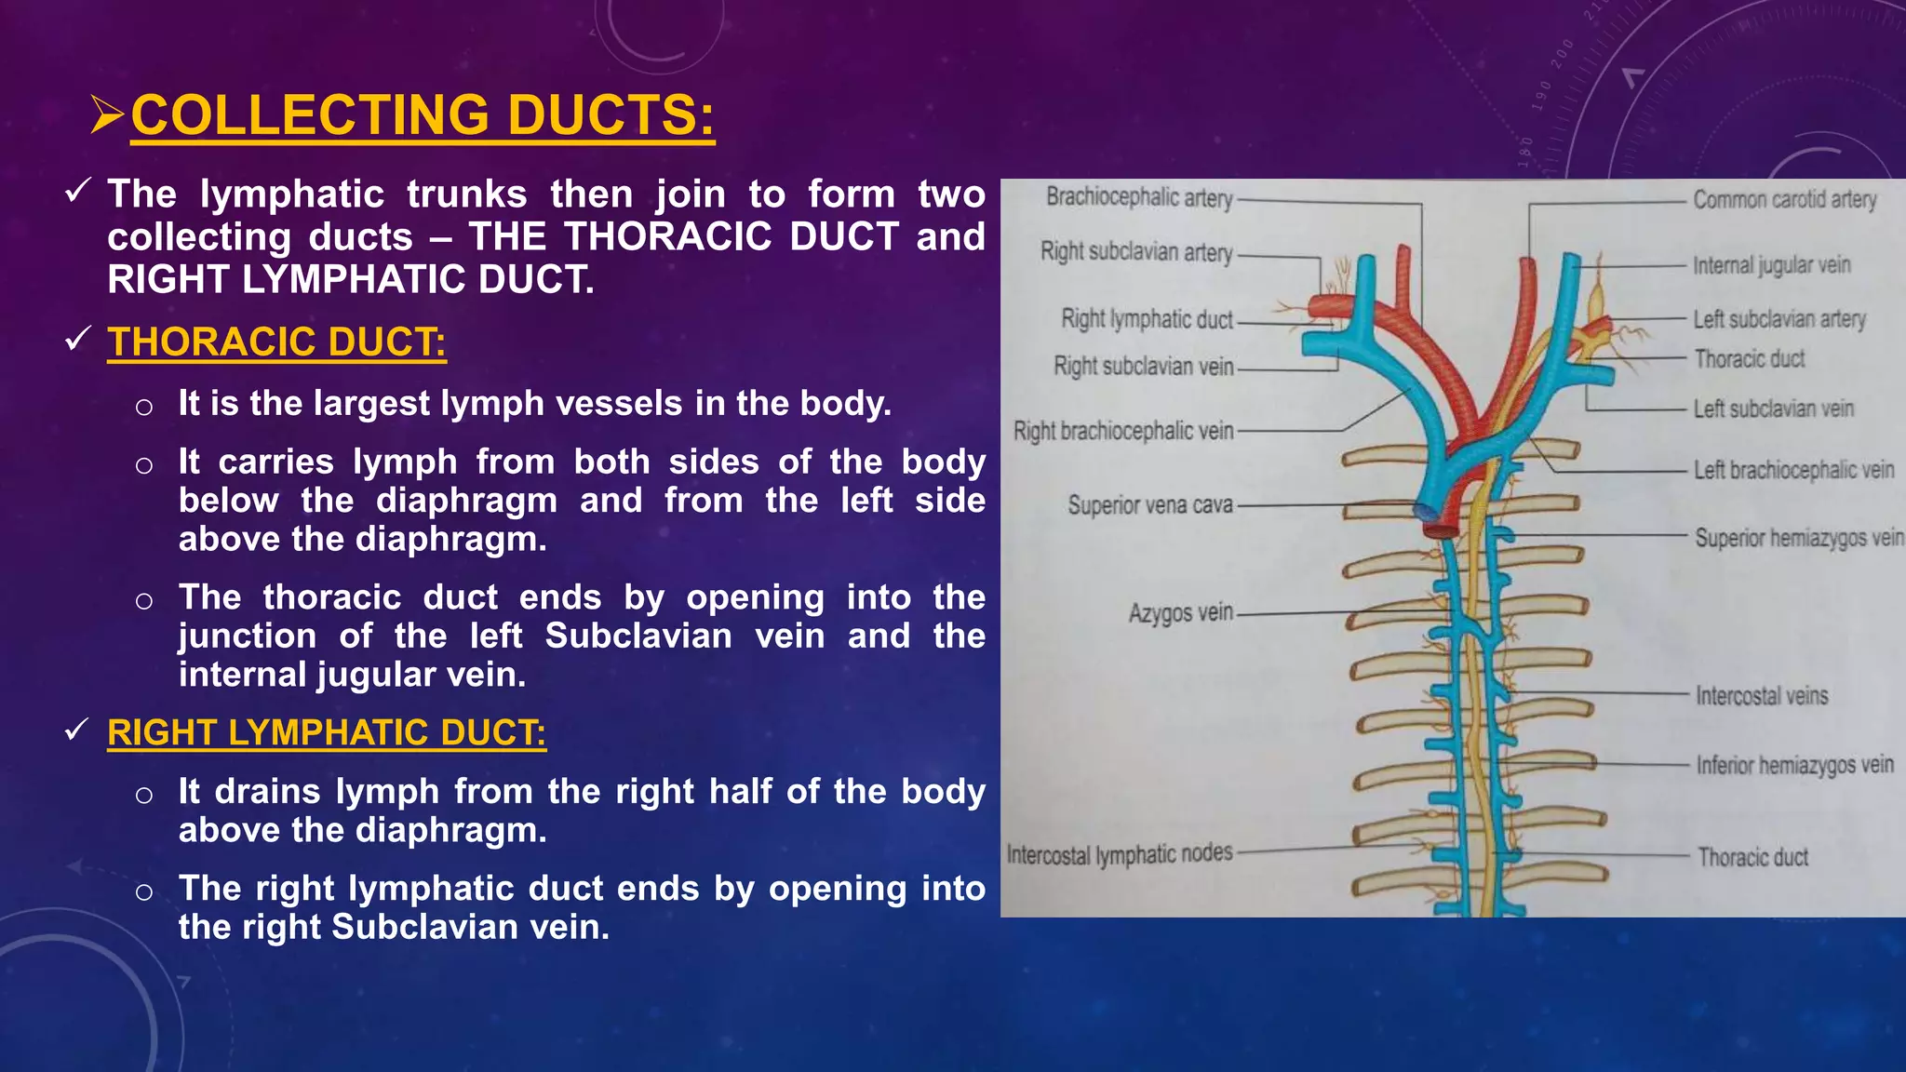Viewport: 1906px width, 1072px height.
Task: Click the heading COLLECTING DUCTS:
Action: click(423, 115)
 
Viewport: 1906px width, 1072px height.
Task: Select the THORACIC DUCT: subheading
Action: click(276, 342)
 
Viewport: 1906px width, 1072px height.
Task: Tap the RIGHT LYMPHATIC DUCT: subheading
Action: click(327, 733)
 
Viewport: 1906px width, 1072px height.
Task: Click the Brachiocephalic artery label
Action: click(1139, 197)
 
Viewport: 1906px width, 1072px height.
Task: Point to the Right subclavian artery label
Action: click(1136, 252)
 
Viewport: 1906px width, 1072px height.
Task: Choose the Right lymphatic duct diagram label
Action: click(1147, 319)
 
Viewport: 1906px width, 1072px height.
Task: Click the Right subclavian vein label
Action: click(1144, 367)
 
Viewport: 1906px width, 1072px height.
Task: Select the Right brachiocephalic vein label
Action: click(1123, 432)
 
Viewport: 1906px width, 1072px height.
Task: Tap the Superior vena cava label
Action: click(1150, 505)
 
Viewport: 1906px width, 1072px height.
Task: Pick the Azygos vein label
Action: click(1181, 613)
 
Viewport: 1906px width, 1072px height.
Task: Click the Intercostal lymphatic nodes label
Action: click(1120, 854)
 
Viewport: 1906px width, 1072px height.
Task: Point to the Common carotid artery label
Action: click(1784, 200)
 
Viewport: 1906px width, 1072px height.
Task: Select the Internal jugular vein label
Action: click(1771, 265)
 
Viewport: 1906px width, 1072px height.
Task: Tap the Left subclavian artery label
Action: click(1779, 319)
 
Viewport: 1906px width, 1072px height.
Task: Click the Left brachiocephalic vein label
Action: click(1793, 470)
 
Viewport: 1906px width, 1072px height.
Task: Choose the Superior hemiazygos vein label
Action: click(1798, 538)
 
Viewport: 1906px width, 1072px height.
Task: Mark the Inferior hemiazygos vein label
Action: click(1794, 765)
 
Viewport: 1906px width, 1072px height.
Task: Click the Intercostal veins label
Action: click(1762, 696)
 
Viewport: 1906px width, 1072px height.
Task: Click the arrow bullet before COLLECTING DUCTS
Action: click(107, 114)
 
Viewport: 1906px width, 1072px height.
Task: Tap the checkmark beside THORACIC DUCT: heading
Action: click(77, 340)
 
